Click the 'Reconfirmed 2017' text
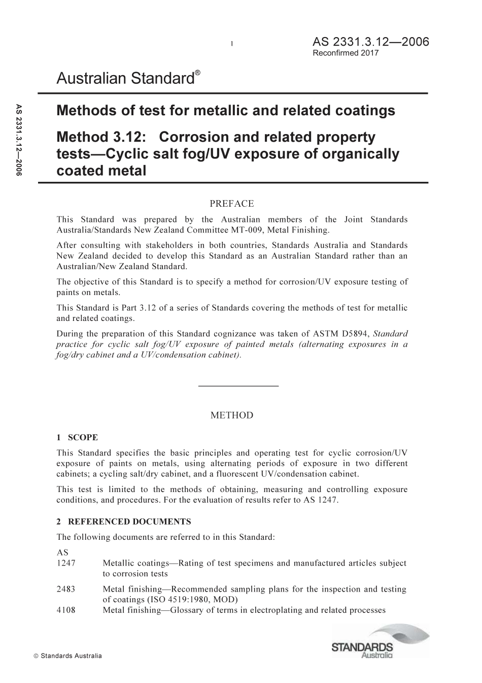tap(346, 53)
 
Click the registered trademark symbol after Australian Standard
tap(198, 73)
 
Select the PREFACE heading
tap(231, 204)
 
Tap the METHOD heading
tap(231, 415)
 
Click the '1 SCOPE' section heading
tap(77, 437)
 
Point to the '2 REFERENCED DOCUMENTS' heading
tap(124, 522)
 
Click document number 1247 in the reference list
tap(65, 563)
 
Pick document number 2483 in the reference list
tap(65, 589)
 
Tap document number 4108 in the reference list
tap(65, 610)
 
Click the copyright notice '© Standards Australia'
tap(67, 656)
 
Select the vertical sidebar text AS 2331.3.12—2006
tap(19, 140)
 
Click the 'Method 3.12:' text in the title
tap(102, 137)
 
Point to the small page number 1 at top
tap(231, 44)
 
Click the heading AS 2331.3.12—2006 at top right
tap(371, 42)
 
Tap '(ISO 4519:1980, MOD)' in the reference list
tap(170, 600)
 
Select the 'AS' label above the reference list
tap(62, 552)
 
